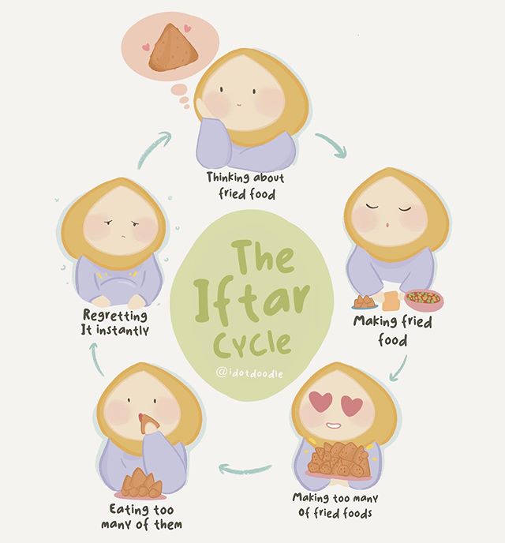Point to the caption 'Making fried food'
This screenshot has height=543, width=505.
pos(392,331)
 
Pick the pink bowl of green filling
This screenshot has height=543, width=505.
pos(425,299)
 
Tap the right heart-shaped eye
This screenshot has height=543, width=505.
pos(350,406)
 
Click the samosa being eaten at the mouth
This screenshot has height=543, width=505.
pos(148,424)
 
